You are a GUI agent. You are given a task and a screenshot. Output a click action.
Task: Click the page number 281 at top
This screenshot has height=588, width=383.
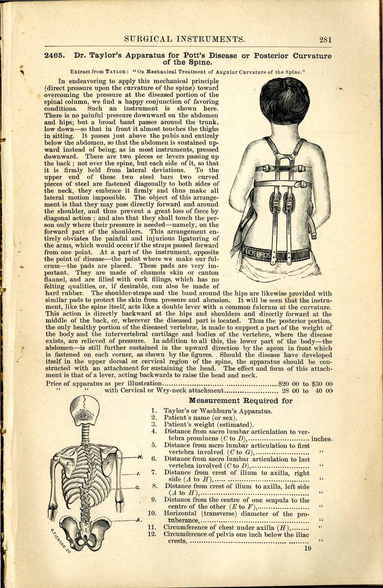[325, 39]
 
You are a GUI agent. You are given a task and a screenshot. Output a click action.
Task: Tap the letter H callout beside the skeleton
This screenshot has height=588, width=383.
[140, 457]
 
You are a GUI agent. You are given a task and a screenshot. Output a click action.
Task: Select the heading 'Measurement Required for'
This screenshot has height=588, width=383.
[241, 400]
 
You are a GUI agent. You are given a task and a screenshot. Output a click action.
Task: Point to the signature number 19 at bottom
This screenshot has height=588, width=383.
[307, 548]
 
